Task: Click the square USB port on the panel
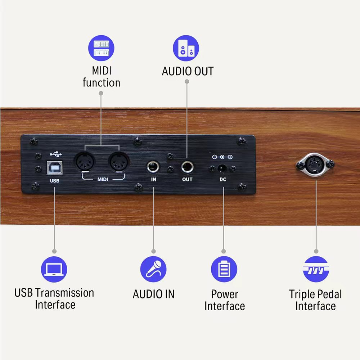pos(55,168)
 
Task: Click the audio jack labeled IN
pos(153,167)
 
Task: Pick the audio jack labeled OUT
pos(187,167)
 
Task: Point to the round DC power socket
pos(222,169)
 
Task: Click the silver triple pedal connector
pos(315,165)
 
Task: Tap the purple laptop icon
pos(54,269)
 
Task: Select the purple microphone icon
pos(153,269)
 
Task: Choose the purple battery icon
pos(224,269)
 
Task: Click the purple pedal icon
pos(316,269)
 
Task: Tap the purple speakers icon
pos(186,48)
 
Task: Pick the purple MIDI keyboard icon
pos(101,48)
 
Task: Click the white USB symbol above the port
pos(55,154)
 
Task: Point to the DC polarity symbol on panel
pos(222,157)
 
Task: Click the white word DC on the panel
pos(223,179)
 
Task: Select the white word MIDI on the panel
pos(103,179)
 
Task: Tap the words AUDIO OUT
pos(188,71)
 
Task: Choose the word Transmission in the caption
pos(66,293)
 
